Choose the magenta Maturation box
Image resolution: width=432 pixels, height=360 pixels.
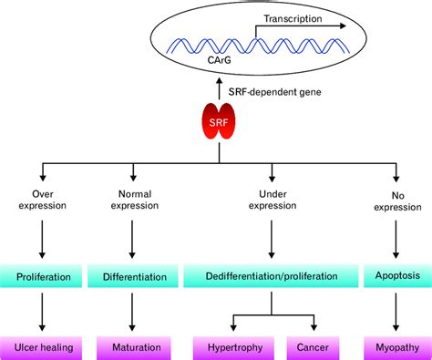pyautogui.click(x=134, y=347)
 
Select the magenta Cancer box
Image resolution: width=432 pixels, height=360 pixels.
pyautogui.click(x=314, y=347)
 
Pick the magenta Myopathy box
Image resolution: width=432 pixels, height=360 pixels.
pyautogui.click(x=395, y=347)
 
